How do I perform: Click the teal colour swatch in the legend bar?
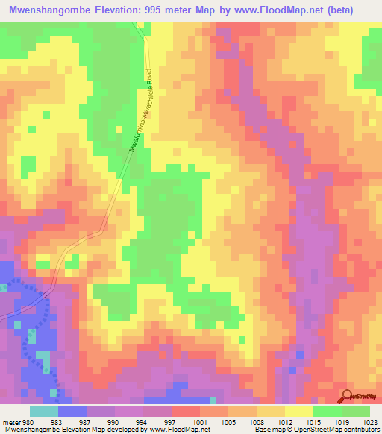pos(43,410)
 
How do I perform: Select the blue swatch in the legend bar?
pos(72,410)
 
